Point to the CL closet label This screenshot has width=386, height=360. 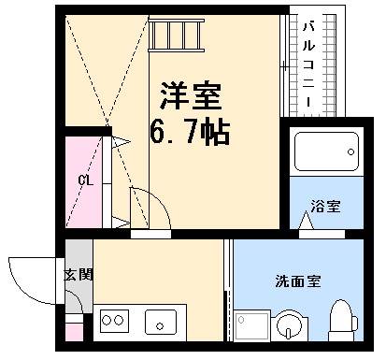(x=84, y=180)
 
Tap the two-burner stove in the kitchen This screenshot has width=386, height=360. (x=114, y=321)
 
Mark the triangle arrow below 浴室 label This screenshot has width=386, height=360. (x=307, y=220)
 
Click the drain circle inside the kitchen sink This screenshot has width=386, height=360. (x=162, y=326)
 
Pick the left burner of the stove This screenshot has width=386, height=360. (x=106, y=321)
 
